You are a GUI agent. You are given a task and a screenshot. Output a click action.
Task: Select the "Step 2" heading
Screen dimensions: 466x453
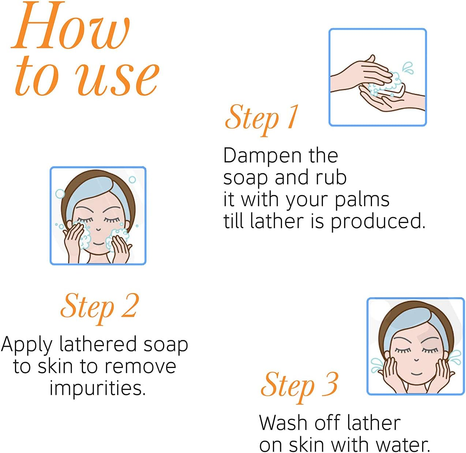pyautogui.click(x=99, y=308)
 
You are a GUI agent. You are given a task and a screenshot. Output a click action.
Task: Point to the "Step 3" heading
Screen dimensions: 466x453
pyautogui.click(x=299, y=387)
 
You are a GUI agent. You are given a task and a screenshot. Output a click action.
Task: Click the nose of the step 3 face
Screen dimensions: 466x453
pyautogui.click(x=416, y=360)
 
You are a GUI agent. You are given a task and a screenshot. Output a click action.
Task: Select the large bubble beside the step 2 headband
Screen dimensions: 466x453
pyautogui.click(x=60, y=194)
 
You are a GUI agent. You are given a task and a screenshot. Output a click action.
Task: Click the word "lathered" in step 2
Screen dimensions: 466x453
pyautogui.click(x=98, y=344)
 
